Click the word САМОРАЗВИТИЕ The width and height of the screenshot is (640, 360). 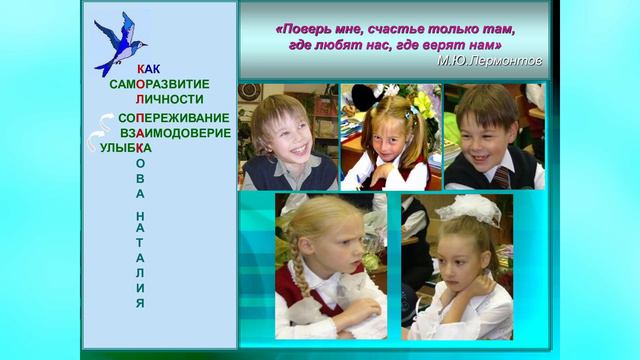(x=160, y=84)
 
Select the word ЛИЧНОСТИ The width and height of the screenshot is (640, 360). (x=170, y=99)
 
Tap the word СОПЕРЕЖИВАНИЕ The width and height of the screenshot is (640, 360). (x=173, y=118)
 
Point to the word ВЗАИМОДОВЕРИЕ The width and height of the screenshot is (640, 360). (x=175, y=133)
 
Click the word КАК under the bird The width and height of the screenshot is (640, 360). (x=148, y=68)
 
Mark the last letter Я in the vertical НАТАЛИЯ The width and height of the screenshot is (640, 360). (x=141, y=302)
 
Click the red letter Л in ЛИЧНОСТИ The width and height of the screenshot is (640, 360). (x=140, y=99)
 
